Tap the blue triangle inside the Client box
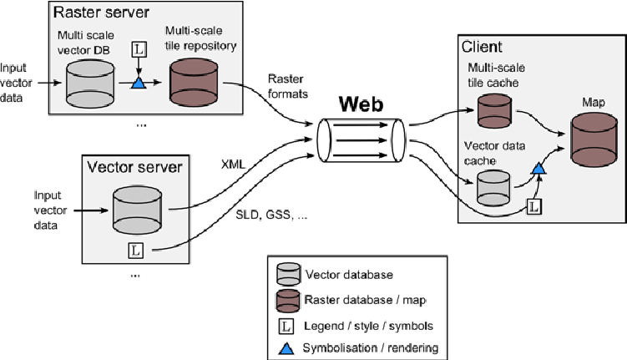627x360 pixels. pos(539,170)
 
